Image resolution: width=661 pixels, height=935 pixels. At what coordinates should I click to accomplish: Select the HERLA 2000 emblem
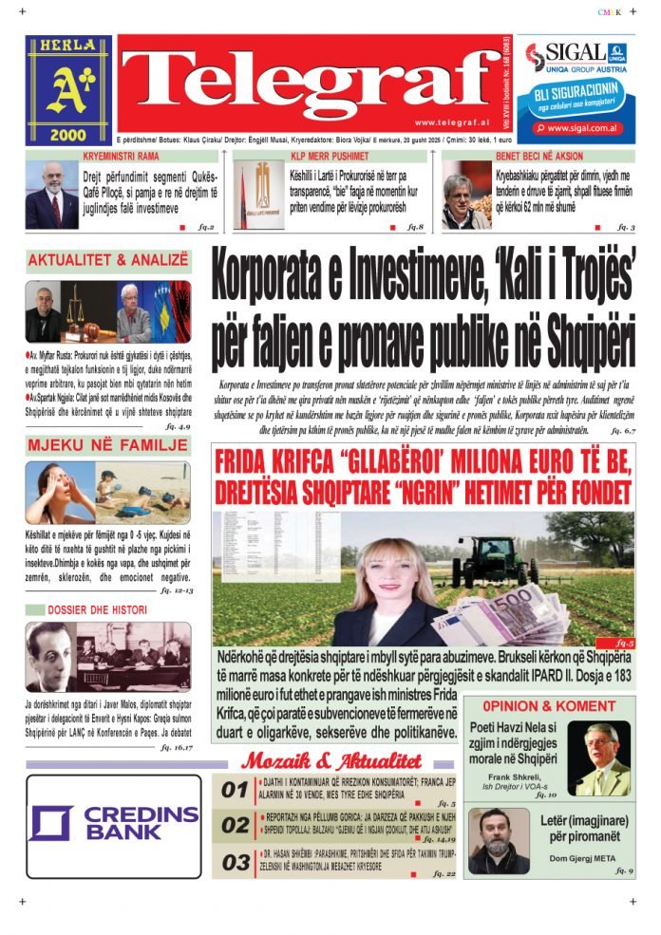[x=68, y=89]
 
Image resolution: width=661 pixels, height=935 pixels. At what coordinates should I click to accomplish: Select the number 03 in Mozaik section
[x=235, y=863]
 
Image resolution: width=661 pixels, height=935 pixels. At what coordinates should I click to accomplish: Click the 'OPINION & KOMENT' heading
[x=548, y=706]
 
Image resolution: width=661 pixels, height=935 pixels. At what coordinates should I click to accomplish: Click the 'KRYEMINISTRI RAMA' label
[x=121, y=155]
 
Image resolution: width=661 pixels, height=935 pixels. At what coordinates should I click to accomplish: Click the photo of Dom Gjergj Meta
[x=499, y=841]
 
